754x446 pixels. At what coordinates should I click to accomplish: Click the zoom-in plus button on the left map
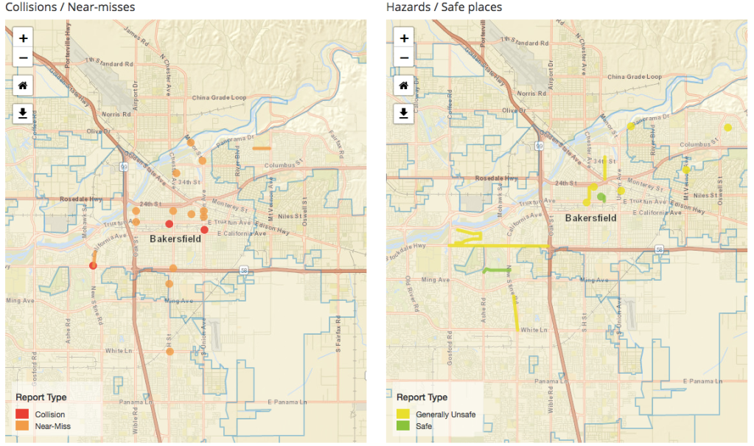23,38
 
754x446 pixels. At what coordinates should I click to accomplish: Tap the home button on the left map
23,86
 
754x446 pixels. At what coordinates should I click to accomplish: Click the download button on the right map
404,113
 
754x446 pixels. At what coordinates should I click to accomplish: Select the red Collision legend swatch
22,414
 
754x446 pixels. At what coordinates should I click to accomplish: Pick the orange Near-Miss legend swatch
22,426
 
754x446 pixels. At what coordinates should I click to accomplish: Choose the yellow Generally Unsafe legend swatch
403,414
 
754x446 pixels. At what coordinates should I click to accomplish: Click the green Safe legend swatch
403,426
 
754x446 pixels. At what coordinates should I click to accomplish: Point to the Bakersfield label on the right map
590,218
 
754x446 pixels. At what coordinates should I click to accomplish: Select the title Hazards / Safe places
444,7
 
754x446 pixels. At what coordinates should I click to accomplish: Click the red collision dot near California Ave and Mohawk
93,265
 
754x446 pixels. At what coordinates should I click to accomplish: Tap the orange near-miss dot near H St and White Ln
170,352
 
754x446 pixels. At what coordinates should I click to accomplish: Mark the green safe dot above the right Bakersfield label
601,197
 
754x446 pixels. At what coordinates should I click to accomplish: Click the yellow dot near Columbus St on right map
728,128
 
